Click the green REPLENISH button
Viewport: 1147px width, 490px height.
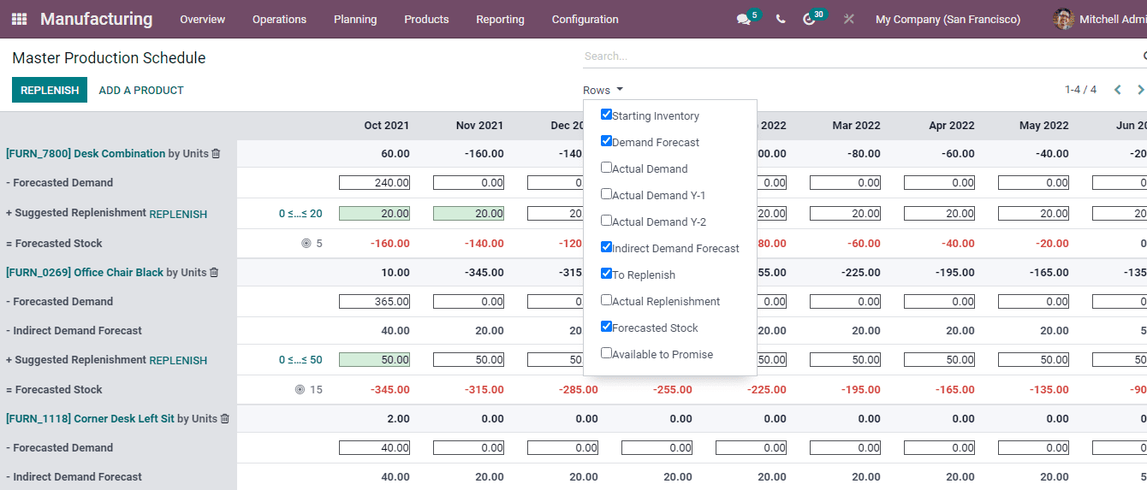(50, 90)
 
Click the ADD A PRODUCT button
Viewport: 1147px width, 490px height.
(141, 90)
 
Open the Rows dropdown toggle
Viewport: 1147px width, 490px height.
(603, 90)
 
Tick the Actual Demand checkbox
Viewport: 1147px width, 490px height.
(606, 168)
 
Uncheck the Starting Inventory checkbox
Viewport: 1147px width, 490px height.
(606, 115)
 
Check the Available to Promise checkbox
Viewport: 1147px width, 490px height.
(606, 353)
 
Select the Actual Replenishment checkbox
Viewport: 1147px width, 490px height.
(606, 300)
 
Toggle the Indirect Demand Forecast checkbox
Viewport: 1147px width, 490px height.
(606, 247)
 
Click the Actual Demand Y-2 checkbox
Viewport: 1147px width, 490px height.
(606, 221)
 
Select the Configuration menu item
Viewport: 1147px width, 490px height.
(585, 19)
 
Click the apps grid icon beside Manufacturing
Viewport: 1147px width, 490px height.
(19, 19)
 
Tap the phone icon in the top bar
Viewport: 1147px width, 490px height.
(781, 19)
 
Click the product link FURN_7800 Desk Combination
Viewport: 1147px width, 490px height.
(86, 154)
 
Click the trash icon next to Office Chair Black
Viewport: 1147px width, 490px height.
(214, 273)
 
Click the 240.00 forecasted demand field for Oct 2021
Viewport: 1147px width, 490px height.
(374, 182)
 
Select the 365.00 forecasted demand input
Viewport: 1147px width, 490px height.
(374, 301)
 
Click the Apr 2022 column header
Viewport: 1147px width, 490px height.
(951, 126)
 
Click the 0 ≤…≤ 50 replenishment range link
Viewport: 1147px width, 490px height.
(300, 360)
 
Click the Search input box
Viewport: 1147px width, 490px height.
(856, 56)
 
